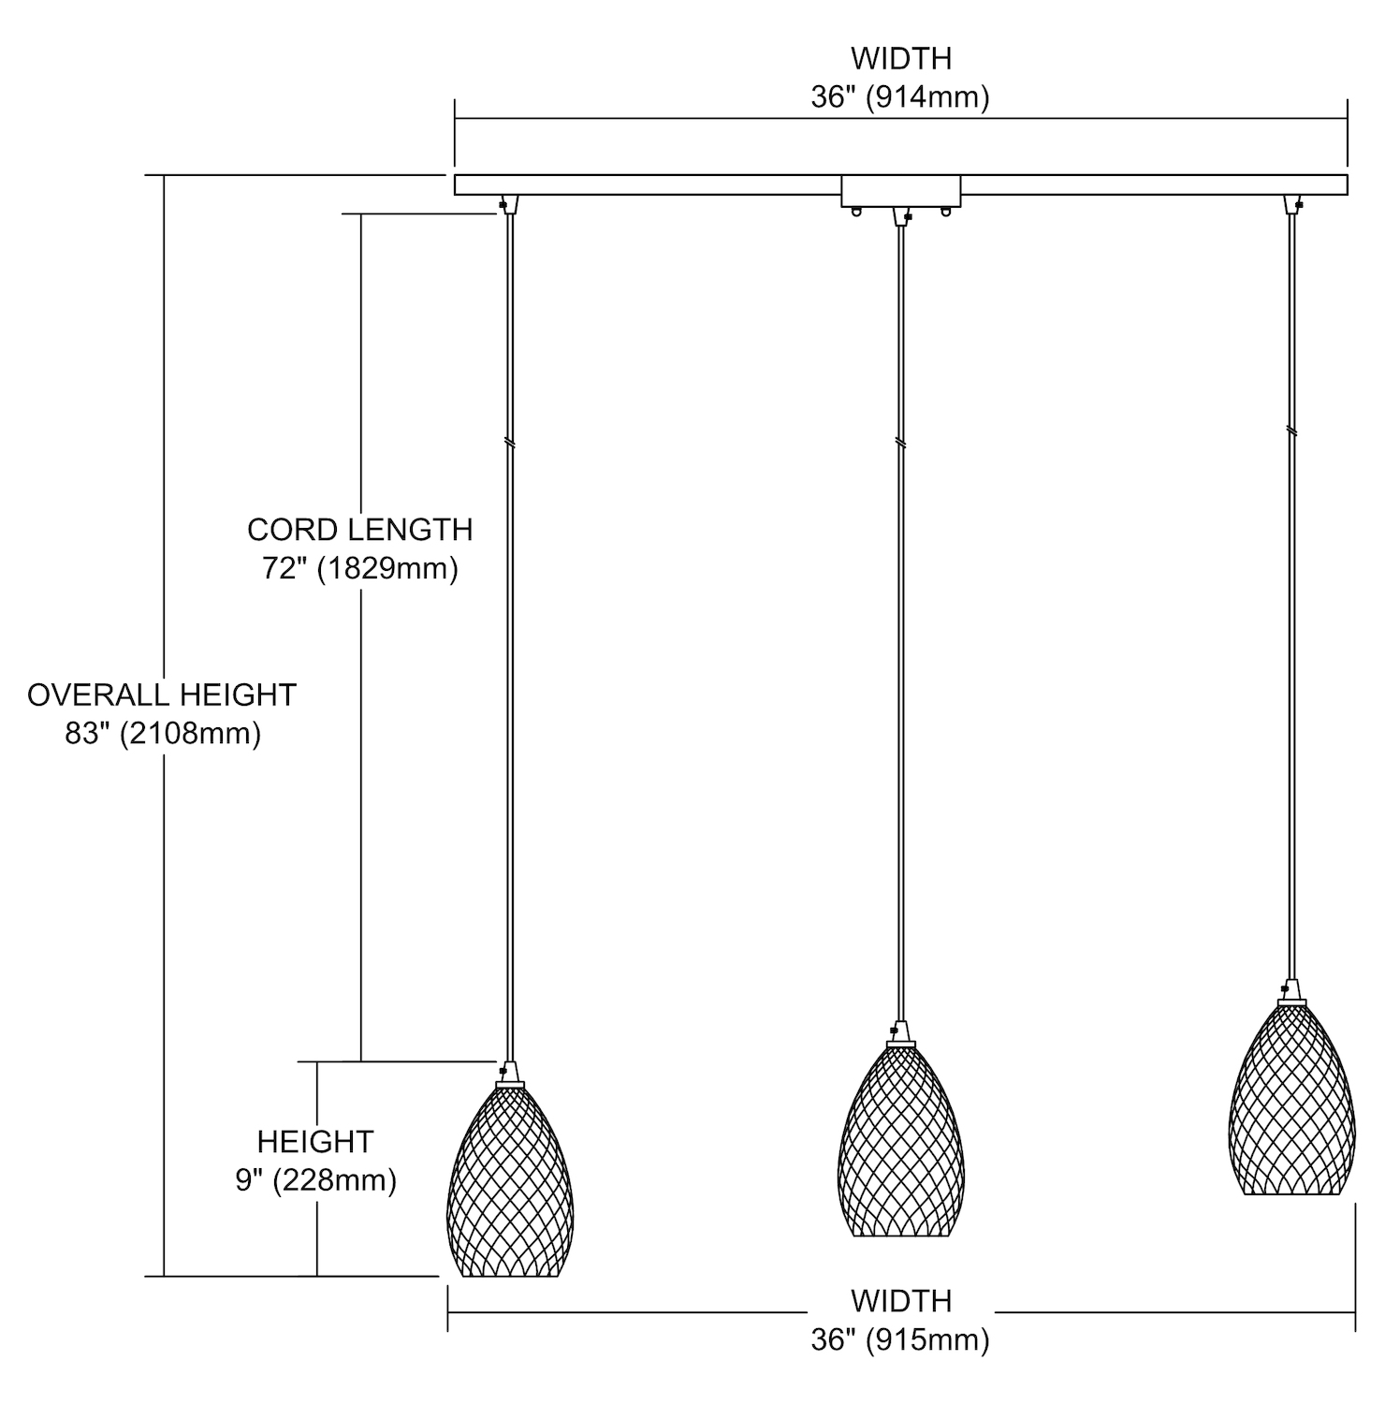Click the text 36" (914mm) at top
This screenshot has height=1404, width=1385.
(900, 97)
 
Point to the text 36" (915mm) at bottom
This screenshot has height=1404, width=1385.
(900, 1340)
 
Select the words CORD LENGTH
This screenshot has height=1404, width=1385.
(360, 530)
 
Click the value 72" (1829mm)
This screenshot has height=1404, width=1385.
(360, 568)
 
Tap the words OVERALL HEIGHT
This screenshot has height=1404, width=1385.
(162, 695)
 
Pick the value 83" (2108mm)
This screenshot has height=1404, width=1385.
(163, 734)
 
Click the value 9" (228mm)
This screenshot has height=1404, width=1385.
(316, 1180)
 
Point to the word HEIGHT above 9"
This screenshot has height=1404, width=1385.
(315, 1142)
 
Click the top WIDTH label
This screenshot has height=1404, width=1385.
(901, 58)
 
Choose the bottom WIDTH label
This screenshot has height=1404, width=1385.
(901, 1301)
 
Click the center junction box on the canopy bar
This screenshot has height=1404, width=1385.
(901, 191)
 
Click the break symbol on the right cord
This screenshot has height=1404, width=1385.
(1291, 431)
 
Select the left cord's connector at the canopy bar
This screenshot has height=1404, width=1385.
(508, 204)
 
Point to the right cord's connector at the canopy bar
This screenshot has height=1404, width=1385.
(1294, 204)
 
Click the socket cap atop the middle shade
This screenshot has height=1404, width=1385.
(900, 1033)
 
